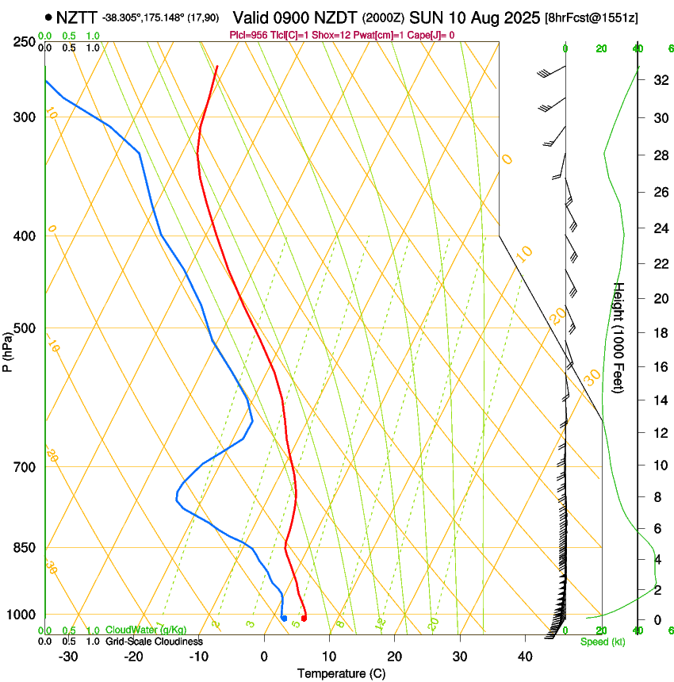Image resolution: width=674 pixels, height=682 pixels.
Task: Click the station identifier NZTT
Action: tap(76, 17)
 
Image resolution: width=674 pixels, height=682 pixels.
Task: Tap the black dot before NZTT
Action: tap(49, 17)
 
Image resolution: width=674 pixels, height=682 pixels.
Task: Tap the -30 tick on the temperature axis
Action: tap(67, 656)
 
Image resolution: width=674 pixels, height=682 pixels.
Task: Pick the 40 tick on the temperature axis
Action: tap(524, 656)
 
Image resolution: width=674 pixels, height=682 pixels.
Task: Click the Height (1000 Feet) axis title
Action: tap(619, 338)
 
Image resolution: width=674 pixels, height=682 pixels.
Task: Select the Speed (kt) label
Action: tap(602, 642)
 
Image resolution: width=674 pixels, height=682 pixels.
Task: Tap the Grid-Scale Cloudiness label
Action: tap(154, 641)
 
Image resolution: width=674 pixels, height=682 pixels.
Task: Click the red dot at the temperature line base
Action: tap(304, 618)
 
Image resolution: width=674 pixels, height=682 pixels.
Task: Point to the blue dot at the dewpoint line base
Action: tap(284, 618)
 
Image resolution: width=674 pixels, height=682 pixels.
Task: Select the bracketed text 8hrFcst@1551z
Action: tap(592, 17)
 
